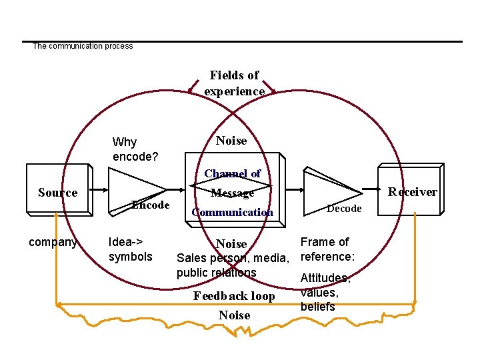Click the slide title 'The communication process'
click(x=83, y=46)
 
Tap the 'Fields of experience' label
click(x=234, y=83)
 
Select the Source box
click(x=57, y=193)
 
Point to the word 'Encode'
click(x=150, y=205)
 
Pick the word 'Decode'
click(x=344, y=209)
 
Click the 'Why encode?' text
click(x=135, y=149)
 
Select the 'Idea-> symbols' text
click(x=130, y=249)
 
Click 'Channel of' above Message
click(x=233, y=173)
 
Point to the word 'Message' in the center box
click(x=233, y=193)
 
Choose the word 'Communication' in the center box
click(x=232, y=213)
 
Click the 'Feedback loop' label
click(x=234, y=296)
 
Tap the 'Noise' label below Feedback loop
click(x=234, y=315)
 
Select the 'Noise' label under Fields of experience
click(x=231, y=141)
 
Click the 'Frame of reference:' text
click(x=327, y=249)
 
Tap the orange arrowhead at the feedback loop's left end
click(x=59, y=306)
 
